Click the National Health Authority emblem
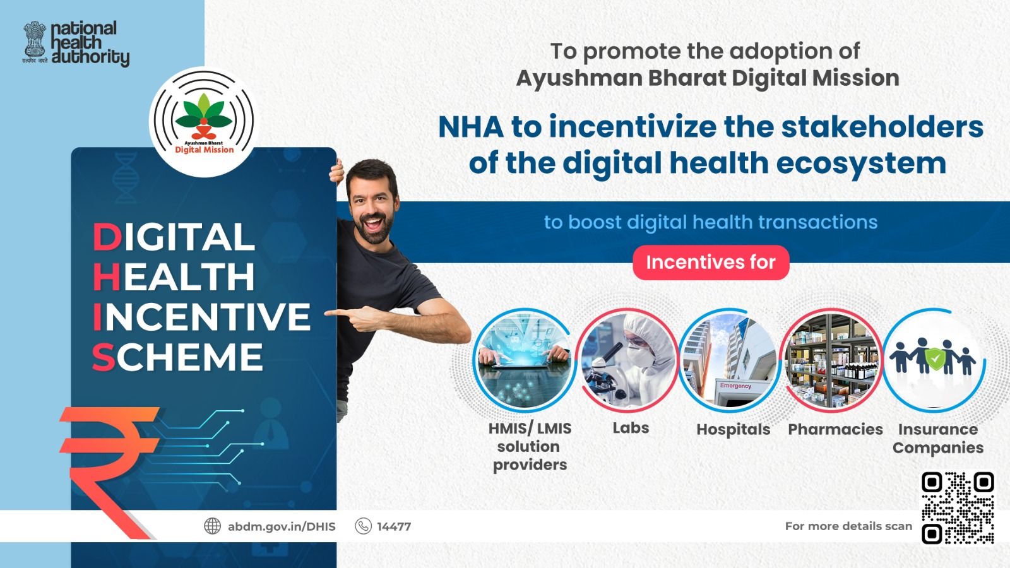pyautogui.click(x=35, y=42)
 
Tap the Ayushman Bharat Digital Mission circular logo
pyautogui.click(x=203, y=122)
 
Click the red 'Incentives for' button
pyautogui.click(x=711, y=263)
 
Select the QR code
pyautogui.click(x=958, y=508)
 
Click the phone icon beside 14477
pyautogui.click(x=364, y=526)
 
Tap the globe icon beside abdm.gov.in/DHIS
pyautogui.click(x=212, y=526)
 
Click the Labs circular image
pyautogui.click(x=627, y=360)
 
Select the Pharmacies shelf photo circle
pyautogui.click(x=833, y=360)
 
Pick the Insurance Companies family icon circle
pyautogui.click(x=934, y=360)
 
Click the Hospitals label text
pyautogui.click(x=733, y=429)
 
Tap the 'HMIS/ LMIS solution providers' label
pyautogui.click(x=530, y=446)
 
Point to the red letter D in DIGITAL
pyautogui.click(x=107, y=237)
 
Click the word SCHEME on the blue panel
pyautogui.click(x=177, y=357)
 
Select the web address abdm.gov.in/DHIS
pyautogui.click(x=282, y=526)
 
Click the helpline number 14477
pyautogui.click(x=394, y=526)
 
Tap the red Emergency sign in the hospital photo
pyautogui.click(x=735, y=386)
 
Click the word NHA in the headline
pyautogui.click(x=471, y=127)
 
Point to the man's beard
pyautogui.click(x=374, y=228)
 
